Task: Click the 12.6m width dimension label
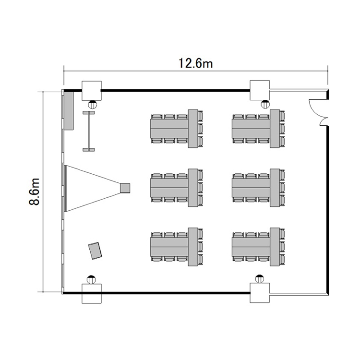pyautogui.click(x=196, y=63)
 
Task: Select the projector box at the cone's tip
pyautogui.click(x=125, y=188)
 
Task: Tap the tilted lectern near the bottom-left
pyautogui.click(x=95, y=251)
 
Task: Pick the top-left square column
pyautogui.click(x=92, y=91)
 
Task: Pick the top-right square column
pyautogui.click(x=259, y=90)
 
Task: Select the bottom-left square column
pyautogui.click(x=92, y=294)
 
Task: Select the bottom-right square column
pyautogui.click(x=259, y=293)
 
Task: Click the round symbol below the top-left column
pyautogui.click(x=93, y=105)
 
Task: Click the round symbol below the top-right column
pyautogui.click(x=265, y=104)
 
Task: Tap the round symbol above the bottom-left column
pyautogui.click(x=91, y=279)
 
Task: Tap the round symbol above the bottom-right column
pyautogui.click(x=260, y=279)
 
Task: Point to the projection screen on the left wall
pyautogui.click(x=65, y=188)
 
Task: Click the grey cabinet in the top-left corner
pyautogui.click(x=69, y=111)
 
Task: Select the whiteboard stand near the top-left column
pyautogui.click(x=89, y=131)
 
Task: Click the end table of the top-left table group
pyautogui.click(x=193, y=129)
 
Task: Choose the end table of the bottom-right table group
pyautogui.click(x=275, y=247)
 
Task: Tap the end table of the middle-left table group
pyautogui.click(x=193, y=188)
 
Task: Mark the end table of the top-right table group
pyautogui.click(x=275, y=129)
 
